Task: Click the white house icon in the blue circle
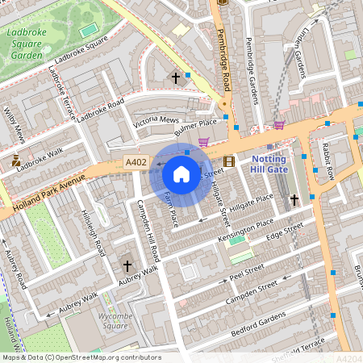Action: pyautogui.click(x=181, y=173)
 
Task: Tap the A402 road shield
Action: pyautogui.click(x=136, y=163)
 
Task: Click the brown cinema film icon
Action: pyautogui.click(x=229, y=161)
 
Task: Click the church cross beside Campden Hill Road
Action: pyautogui.click(x=127, y=265)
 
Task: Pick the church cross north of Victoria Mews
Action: pyautogui.click(x=176, y=78)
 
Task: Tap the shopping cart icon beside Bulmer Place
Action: pyautogui.click(x=203, y=142)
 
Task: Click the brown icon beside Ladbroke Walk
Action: pyautogui.click(x=16, y=161)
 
